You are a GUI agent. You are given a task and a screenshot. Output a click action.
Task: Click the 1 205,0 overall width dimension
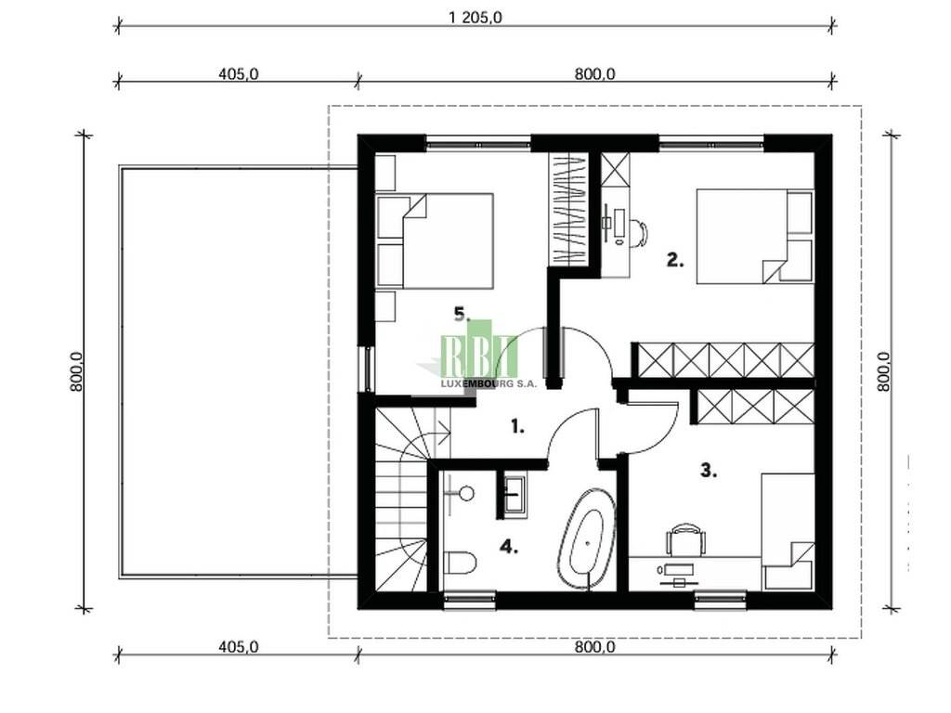coord(475,17)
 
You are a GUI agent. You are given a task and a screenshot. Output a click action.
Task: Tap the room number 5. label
coord(462,314)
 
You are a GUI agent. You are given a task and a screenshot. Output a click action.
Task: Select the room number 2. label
coord(675,260)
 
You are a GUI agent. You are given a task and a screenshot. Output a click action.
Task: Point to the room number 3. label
coord(709,470)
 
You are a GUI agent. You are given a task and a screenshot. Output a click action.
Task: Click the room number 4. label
coord(508,547)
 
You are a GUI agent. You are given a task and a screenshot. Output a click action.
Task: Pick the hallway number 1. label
coord(516,427)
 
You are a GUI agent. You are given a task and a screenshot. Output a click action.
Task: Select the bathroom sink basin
coord(515,495)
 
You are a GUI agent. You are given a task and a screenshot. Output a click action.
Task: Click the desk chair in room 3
coord(686,538)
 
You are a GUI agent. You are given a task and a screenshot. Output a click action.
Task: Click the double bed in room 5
coord(435,240)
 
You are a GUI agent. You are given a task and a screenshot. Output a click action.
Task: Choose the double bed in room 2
coord(754,237)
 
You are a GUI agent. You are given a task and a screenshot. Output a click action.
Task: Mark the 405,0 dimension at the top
coord(239,73)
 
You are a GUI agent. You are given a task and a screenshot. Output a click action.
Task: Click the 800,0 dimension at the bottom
coord(594,647)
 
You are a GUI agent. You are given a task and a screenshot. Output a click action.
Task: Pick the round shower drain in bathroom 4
coord(466,494)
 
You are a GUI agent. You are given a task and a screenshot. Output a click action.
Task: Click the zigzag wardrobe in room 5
coord(568,209)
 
